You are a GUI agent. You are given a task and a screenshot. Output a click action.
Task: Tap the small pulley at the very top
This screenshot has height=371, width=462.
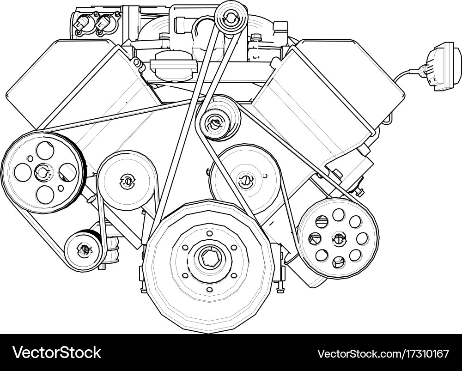click(x=231, y=18)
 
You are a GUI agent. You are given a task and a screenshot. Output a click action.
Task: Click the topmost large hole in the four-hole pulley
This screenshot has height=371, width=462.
click(x=45, y=150)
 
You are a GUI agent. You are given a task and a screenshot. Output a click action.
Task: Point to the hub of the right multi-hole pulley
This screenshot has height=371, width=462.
click(x=339, y=239)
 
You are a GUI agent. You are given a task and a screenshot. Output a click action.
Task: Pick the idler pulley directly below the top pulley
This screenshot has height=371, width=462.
click(x=216, y=123)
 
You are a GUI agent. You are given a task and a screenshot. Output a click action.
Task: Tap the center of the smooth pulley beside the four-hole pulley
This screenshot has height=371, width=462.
click(x=126, y=181)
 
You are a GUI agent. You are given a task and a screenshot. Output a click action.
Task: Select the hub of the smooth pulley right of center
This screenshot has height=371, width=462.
click(x=245, y=180)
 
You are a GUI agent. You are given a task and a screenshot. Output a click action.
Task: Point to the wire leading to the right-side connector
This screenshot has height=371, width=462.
click(x=407, y=73)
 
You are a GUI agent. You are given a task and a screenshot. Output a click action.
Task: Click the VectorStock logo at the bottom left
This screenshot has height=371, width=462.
click(x=57, y=353)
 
